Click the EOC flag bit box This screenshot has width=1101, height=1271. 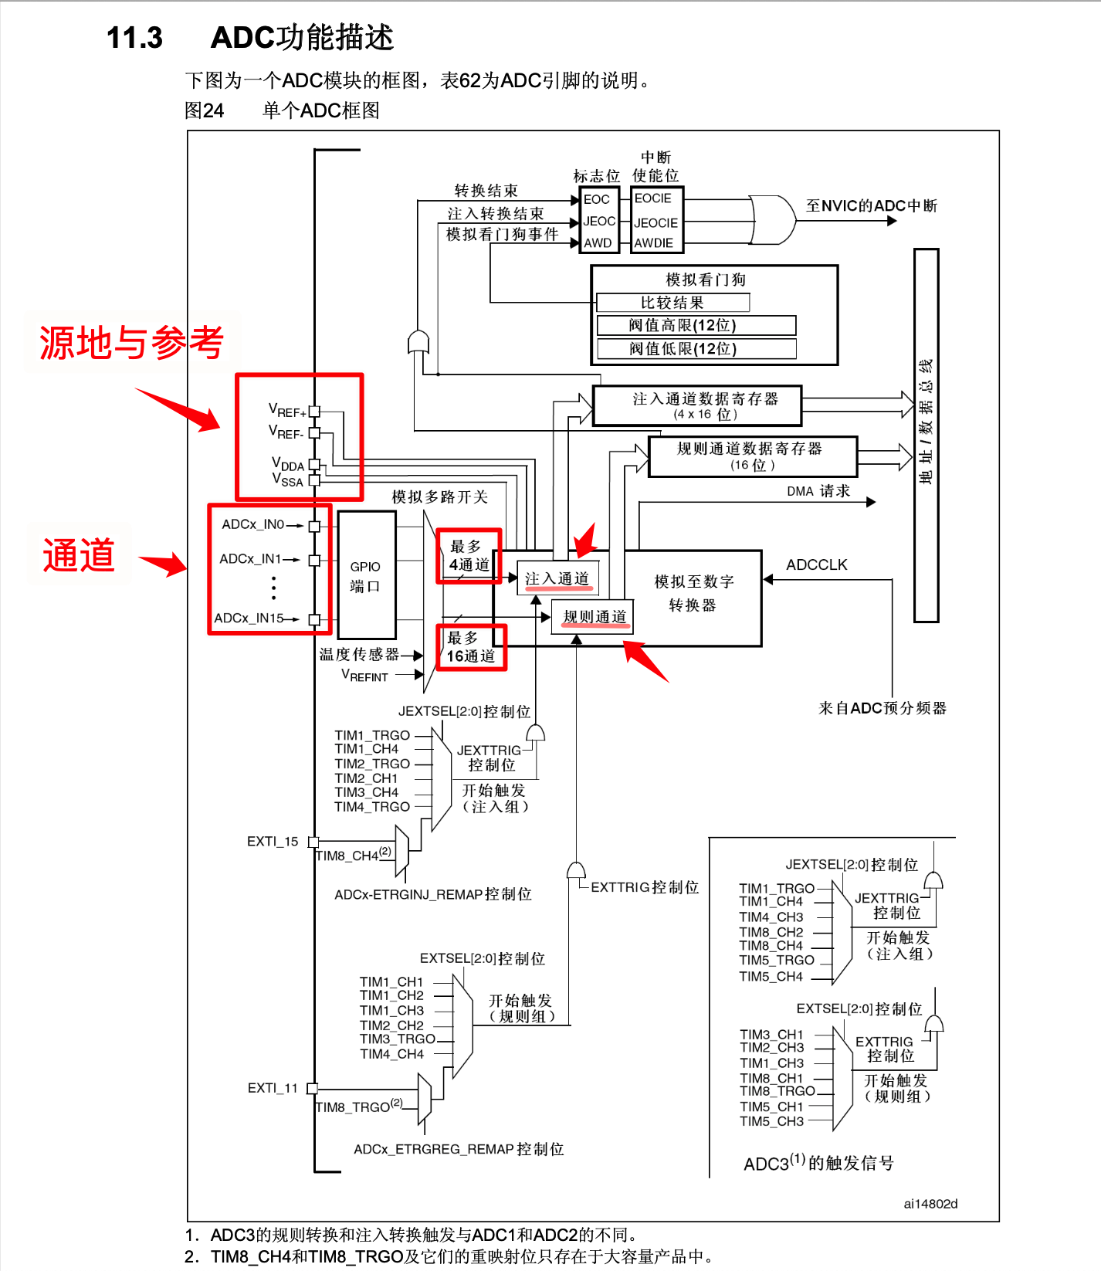pos(597,199)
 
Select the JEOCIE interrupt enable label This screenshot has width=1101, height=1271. pos(656,223)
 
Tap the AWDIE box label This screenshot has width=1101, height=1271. pos(654,243)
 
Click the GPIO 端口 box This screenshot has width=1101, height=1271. pos(366,576)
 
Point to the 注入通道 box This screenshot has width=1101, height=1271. pos(557,578)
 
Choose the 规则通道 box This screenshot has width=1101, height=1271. pos(594,616)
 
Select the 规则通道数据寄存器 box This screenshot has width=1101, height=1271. pos(753,456)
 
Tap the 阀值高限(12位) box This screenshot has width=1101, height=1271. pos(696,325)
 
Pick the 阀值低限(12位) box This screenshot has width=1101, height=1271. pos(696,349)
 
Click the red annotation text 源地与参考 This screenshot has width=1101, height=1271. pos(131,343)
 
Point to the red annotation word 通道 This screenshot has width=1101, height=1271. pos(79,555)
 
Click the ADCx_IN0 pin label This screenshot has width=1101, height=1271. pos(253,524)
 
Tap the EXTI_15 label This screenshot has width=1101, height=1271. pos(273,842)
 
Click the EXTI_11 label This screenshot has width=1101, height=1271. pos(273,1088)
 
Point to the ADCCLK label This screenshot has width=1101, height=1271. pos(816,564)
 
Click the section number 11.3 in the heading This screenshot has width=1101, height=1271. pos(134,38)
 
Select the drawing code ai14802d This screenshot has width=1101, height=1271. pos(930,1203)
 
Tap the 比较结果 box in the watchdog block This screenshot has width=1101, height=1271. pos(672,303)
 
